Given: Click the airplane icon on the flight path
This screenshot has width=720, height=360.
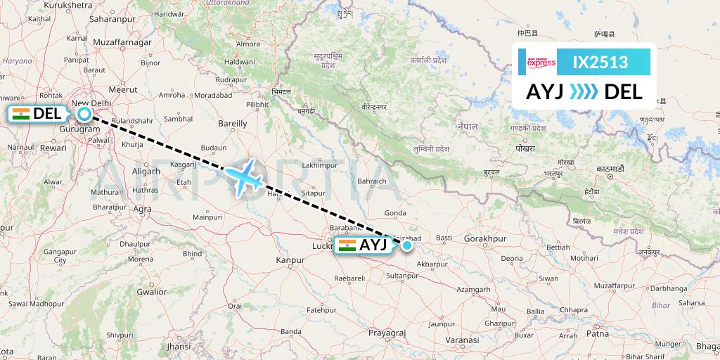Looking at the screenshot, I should coord(243,177).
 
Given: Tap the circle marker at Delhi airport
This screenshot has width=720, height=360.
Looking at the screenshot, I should coord(84,113).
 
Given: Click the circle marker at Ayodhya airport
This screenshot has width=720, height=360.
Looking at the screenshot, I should coord(407,245).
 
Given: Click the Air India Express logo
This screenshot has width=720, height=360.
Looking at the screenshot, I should coord(541,62).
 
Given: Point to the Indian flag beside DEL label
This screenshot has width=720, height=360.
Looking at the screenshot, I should coord(21,113).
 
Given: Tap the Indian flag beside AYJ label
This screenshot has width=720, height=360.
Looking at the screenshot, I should coord(347,245).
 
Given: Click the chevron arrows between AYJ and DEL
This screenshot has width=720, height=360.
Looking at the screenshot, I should coord(584,91).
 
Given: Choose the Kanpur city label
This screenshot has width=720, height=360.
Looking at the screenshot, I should coord(290,259).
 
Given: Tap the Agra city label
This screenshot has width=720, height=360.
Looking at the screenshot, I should coord(143,209).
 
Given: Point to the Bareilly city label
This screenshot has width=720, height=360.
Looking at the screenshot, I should coord(233,123).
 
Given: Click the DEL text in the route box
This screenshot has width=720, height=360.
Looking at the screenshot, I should coord(623,91).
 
